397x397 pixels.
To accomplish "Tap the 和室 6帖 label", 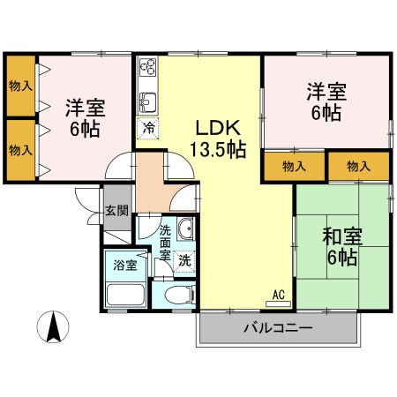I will point(339,246).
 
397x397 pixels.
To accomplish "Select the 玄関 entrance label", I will point(116,211).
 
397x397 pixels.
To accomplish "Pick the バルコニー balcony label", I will point(278,328).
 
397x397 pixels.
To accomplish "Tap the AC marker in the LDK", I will point(278,295).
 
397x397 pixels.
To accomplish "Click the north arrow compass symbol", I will point(53,329).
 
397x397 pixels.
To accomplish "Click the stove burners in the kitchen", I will point(146,66).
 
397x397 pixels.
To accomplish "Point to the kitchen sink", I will point(147,100).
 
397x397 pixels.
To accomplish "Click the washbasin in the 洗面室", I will point(184,232).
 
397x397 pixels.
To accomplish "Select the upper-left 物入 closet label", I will point(20,86).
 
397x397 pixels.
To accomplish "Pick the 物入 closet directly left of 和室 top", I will point(295,165).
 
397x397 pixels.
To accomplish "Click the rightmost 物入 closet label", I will point(358,165).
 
